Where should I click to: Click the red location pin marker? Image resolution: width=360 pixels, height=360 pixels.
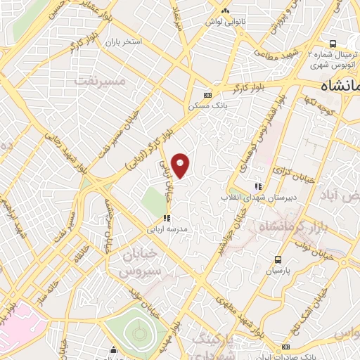coord(181,165)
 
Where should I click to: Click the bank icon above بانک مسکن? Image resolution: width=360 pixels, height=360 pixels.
coord(207,95)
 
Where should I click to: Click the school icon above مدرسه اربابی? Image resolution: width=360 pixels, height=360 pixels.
coord(167,218)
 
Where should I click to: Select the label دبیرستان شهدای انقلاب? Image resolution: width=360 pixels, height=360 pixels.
coord(258,197)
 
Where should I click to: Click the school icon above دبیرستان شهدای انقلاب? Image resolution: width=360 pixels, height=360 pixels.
coord(258,186)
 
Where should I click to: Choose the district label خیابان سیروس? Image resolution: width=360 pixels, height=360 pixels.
coord(141,262)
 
